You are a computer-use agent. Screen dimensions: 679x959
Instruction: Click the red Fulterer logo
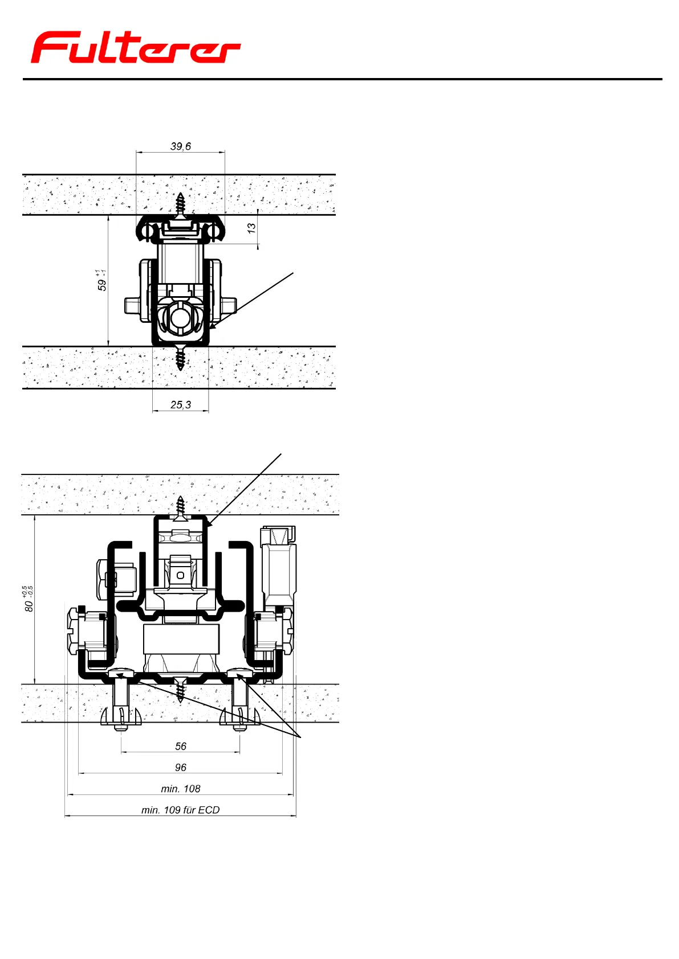coord(136,47)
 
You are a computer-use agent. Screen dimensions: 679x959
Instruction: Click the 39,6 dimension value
coord(181,146)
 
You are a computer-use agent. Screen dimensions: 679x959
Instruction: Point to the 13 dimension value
coord(251,228)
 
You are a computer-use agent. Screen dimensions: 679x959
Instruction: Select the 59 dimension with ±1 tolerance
coord(101,280)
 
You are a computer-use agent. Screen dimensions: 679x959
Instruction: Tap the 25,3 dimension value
coord(181,404)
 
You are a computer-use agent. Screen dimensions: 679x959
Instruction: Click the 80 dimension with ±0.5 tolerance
coord(29,599)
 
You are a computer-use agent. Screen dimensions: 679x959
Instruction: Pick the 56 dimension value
coord(181,746)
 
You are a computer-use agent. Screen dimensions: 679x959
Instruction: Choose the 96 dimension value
coord(181,767)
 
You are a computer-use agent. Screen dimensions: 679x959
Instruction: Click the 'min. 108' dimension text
coord(181,789)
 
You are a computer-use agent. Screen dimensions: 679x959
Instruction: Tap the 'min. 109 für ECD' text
coord(181,810)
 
